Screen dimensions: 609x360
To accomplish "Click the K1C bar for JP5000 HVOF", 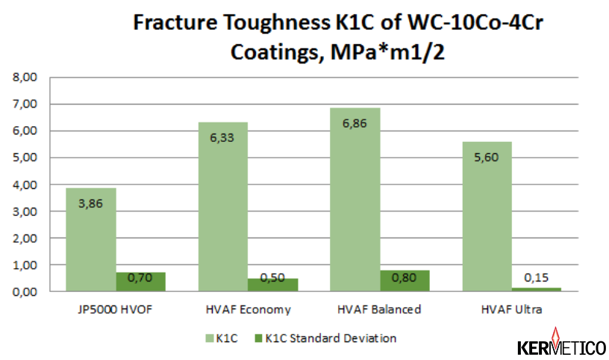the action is [x=91, y=240].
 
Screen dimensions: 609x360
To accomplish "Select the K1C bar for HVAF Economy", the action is [x=223, y=207].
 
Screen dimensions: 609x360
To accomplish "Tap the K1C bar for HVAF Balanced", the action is [x=355, y=199].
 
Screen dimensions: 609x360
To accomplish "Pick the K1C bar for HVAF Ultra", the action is [x=487, y=217].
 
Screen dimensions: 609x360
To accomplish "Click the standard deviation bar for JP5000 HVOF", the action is [x=141, y=282].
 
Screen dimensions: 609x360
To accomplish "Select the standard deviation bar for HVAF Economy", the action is [x=273, y=285].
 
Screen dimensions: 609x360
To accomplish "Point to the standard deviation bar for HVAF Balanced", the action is [x=405, y=281].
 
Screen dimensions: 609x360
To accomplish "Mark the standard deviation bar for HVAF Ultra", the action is [x=537, y=289].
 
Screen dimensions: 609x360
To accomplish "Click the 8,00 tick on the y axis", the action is [x=25, y=77].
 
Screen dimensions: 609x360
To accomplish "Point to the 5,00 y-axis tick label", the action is [x=25, y=158].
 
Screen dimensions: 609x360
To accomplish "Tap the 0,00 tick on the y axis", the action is [x=25, y=291].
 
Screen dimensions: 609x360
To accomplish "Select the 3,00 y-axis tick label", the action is [x=25, y=211].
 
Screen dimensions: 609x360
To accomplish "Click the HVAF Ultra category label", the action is [x=511, y=309].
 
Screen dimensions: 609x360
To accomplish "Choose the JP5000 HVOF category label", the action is [x=115, y=309].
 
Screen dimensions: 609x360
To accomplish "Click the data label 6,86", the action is [x=355, y=124].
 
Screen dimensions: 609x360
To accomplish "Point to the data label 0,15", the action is [x=536, y=278].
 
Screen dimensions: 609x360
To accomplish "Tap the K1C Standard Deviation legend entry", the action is [x=325, y=338].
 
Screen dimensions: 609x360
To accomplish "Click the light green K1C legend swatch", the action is [x=209, y=338].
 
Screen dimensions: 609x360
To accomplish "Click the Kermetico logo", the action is [x=561, y=342].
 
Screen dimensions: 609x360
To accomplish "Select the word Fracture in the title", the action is [x=175, y=22].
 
